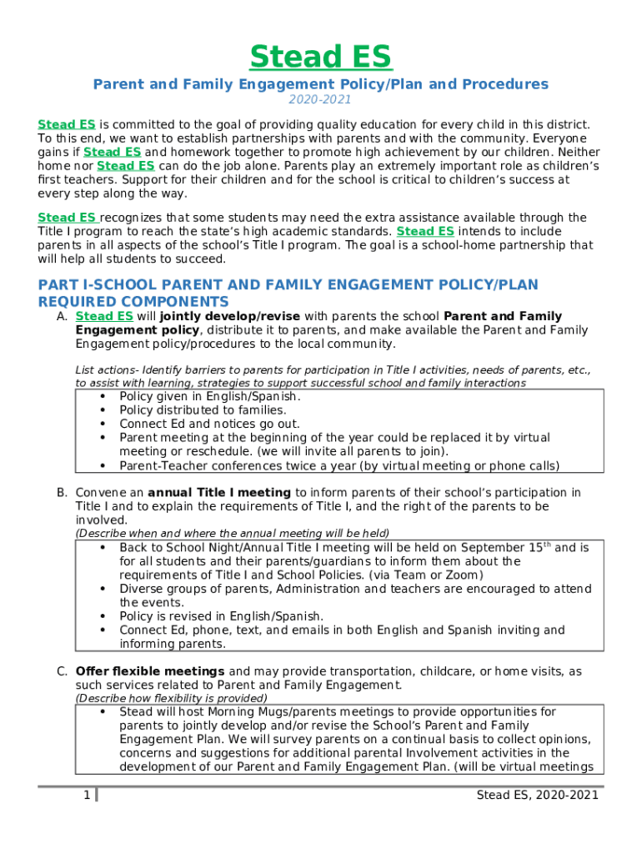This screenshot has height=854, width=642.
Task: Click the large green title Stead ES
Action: click(320, 57)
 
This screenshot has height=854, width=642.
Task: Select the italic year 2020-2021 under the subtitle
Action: click(320, 100)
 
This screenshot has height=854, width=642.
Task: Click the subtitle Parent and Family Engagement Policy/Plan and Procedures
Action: click(320, 84)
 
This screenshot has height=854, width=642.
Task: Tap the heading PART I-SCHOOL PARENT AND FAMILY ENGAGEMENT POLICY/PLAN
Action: click(288, 285)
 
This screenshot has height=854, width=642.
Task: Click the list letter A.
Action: click(62, 317)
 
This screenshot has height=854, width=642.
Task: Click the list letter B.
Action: click(62, 493)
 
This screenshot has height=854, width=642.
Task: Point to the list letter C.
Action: click(62, 671)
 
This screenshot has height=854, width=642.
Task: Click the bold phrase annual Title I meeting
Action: click(219, 493)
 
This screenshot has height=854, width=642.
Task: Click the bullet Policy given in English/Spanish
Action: click(209, 397)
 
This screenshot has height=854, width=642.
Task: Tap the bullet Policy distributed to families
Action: click(203, 410)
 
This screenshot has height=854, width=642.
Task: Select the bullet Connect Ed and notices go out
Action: click(209, 424)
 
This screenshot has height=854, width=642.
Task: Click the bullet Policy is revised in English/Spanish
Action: click(221, 616)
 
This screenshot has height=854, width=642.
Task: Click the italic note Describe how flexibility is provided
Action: click(172, 698)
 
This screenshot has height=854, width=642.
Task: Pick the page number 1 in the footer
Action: click(87, 796)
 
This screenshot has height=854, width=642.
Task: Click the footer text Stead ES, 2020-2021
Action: click(537, 796)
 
